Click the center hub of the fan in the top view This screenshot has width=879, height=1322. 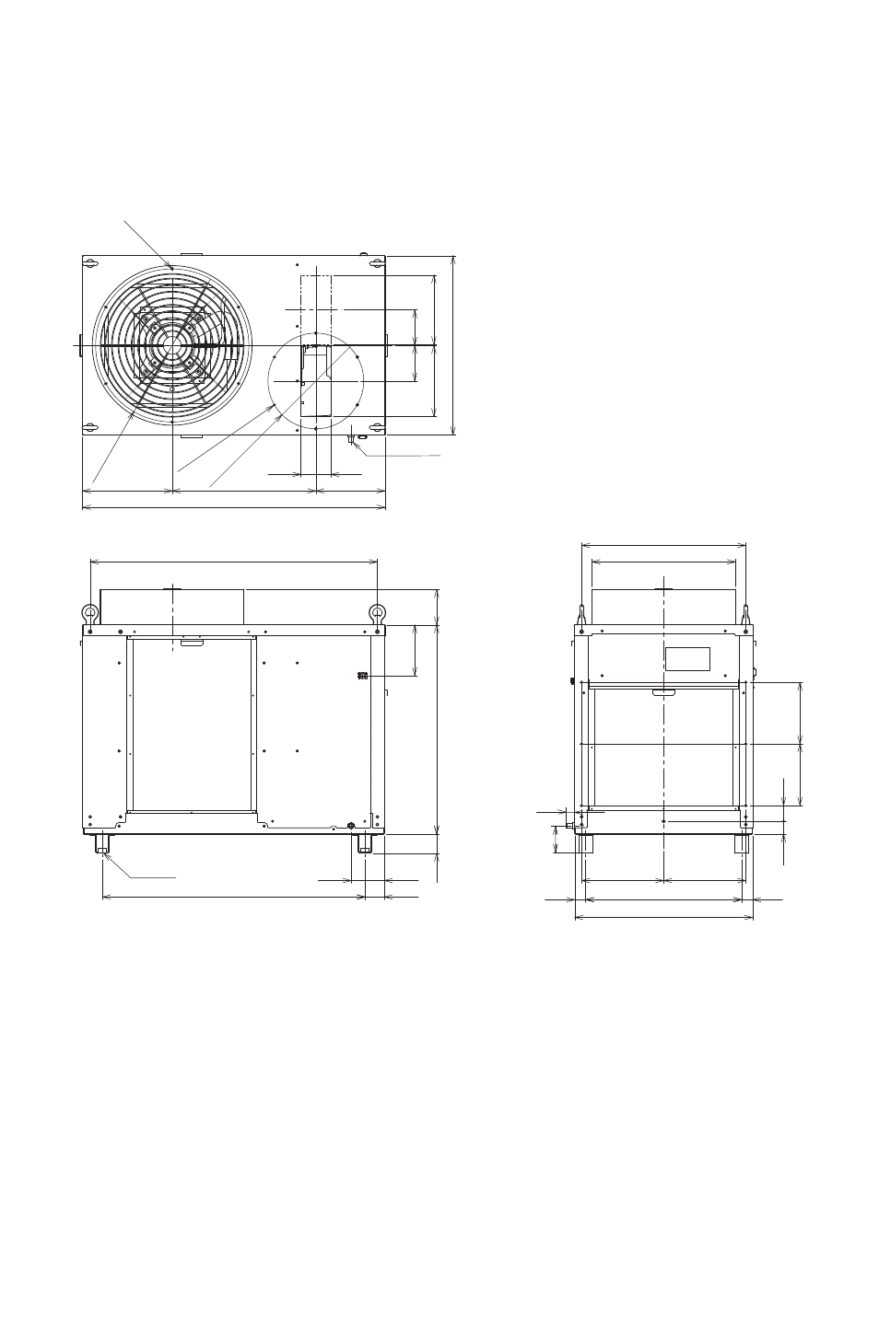(172, 344)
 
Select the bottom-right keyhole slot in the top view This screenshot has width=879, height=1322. (376, 426)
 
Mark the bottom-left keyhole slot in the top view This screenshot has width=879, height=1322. (90, 426)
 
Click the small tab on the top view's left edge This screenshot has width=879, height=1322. (80, 344)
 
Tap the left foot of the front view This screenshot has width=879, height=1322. (102, 843)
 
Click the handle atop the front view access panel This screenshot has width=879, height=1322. (192, 643)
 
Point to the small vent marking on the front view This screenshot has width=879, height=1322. (362, 677)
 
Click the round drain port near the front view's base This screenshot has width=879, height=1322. (350, 825)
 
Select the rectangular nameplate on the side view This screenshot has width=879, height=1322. (687, 658)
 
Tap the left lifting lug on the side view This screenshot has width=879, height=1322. (581, 613)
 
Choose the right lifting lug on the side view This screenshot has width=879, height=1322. (745, 613)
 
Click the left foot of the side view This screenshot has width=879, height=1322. (584, 843)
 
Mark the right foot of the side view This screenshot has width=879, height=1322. (741, 843)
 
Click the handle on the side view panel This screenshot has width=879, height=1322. (663, 693)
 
